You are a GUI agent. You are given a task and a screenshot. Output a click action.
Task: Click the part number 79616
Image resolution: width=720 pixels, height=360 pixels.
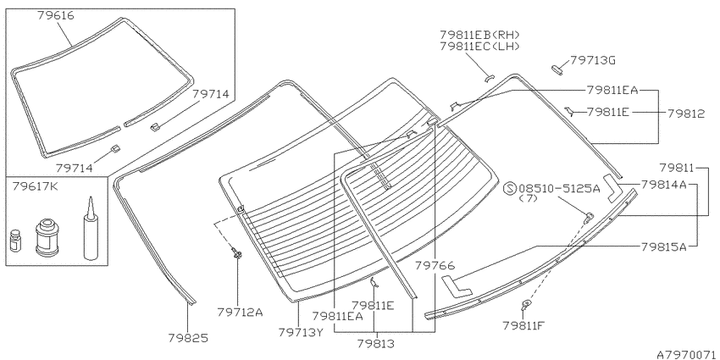coord(56,16)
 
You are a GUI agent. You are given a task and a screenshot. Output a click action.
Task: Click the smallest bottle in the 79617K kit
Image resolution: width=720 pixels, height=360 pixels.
coord(15,241)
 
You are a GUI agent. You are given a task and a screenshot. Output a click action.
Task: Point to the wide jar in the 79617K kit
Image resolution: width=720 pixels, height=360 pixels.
coord(47,237)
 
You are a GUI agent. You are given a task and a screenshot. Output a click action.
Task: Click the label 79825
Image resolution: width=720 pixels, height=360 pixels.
coord(189,339)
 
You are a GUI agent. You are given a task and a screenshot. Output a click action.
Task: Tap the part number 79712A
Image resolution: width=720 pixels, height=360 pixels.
coord(240,313)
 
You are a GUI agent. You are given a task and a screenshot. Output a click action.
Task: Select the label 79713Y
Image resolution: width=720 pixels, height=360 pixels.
coord(301,332)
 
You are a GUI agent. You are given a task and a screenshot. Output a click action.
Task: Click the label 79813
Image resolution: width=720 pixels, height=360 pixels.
coord(375,343)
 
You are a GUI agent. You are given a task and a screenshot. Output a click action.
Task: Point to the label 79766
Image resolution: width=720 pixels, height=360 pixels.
coord(435,265)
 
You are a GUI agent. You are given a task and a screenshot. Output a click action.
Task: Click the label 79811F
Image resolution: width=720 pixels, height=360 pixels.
coord(523,325)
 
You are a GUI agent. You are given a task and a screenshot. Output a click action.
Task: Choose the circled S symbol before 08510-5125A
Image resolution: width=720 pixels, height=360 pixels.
coord(511,189)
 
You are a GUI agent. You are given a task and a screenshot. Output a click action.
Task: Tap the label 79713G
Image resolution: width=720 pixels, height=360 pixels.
coord(592,61)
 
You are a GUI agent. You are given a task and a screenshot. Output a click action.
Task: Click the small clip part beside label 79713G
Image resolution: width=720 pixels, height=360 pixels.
coord(557,69)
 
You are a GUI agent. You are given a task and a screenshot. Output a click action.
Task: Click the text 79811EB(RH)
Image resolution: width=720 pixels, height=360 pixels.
coord(479,35)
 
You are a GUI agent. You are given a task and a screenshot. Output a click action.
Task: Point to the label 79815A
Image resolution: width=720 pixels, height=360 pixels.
coord(663,247)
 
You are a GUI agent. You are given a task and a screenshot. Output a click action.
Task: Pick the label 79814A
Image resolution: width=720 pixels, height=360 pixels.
coord(663,185)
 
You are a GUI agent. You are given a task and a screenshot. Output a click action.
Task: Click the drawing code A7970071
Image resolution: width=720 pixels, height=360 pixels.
coord(686,354)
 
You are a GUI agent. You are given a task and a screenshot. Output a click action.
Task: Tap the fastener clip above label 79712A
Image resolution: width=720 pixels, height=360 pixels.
coord(237,253)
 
